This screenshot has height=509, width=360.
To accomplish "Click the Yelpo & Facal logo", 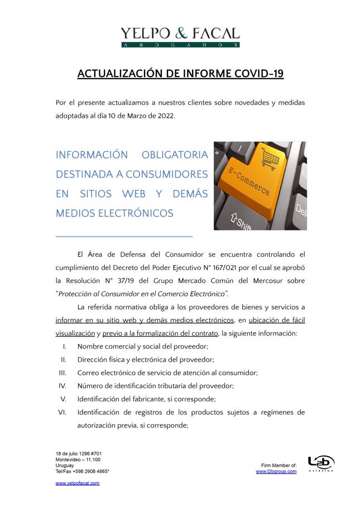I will (x=180, y=37).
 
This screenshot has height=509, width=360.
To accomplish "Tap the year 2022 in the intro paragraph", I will (x=166, y=115).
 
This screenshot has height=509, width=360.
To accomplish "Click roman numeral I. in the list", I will (x=64, y=347).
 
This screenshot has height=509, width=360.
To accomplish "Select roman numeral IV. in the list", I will (x=63, y=386).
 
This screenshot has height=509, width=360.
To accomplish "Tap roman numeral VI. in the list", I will (x=63, y=412).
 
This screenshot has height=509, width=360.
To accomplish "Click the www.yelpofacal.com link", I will (x=78, y=483).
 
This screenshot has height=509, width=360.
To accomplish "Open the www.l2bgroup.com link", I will (x=276, y=472).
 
